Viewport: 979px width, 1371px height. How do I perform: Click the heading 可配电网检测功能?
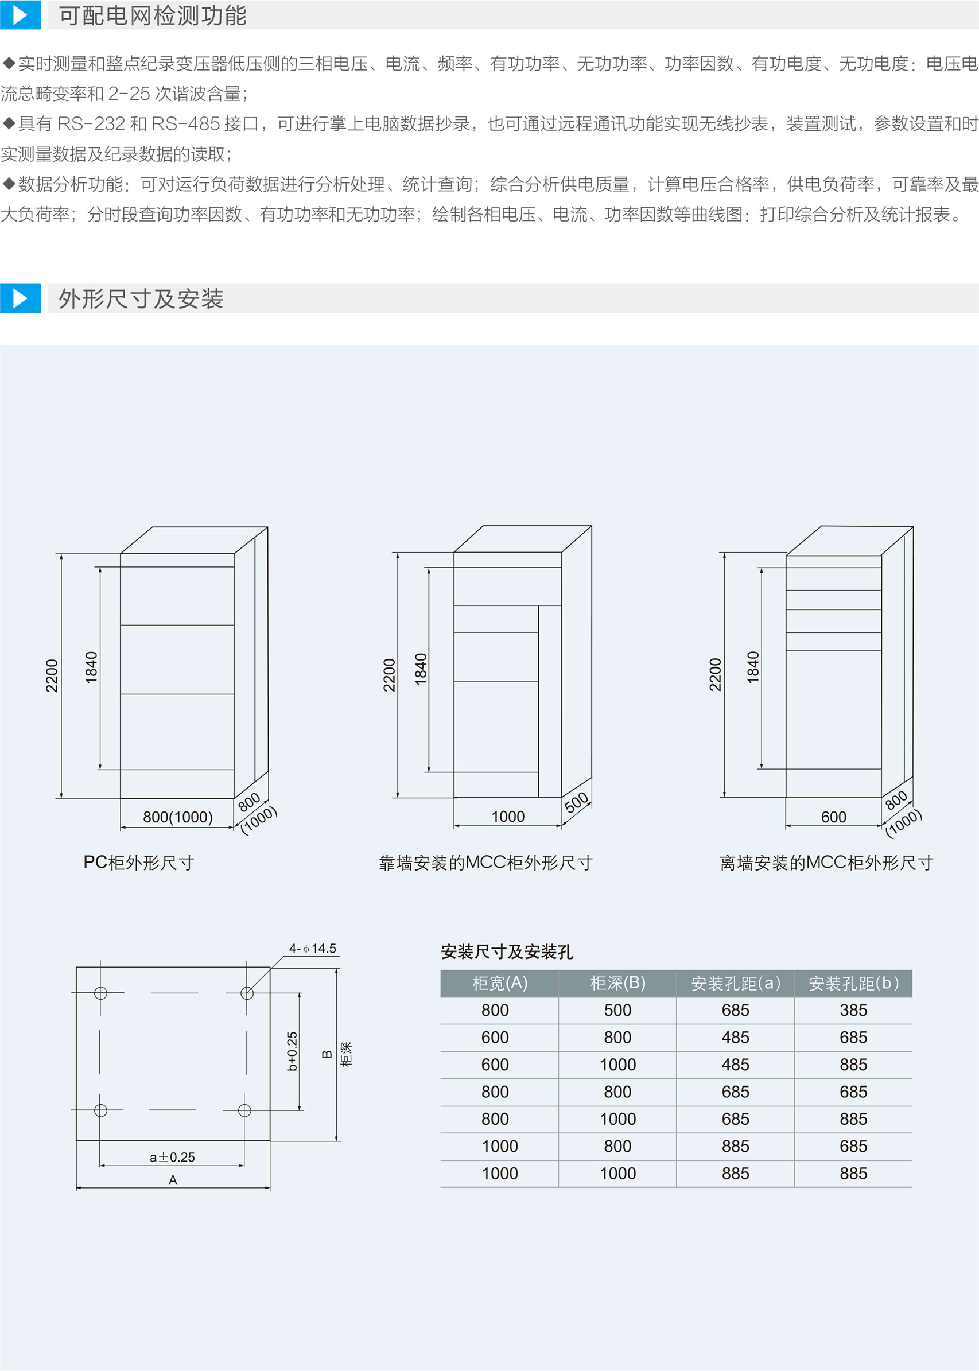pos(153,15)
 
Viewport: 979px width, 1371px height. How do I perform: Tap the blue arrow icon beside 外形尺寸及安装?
pos(20,298)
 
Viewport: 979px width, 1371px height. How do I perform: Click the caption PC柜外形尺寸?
pos(139,863)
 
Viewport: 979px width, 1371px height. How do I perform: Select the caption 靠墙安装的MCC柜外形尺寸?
pos(485,863)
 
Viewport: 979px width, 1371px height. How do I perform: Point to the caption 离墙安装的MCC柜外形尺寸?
pos(826,863)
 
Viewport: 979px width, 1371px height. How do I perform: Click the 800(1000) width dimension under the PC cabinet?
pos(178,817)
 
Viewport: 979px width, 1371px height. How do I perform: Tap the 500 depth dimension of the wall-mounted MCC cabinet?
pos(576,802)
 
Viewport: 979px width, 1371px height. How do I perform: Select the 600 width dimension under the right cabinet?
pos(833,817)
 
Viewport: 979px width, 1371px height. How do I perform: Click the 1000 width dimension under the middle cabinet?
pos(508,816)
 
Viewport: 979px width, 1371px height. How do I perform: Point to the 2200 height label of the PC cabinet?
pos(52,675)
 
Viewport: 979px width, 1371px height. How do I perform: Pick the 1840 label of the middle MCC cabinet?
pos(421,669)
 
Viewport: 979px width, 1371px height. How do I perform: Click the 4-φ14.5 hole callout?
pos(312,949)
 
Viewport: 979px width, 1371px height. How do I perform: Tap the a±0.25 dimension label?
pos(172,1157)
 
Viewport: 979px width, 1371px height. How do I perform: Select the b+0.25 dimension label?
pos(292,1051)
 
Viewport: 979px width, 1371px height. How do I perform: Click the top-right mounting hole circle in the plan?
pos(247,992)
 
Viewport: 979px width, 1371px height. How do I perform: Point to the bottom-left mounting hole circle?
pos(100,1110)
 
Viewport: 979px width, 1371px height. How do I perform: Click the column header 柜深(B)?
pos(617,983)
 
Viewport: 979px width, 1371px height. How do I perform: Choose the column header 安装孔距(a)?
pos(735,983)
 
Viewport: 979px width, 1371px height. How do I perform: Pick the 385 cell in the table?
pos(853,1010)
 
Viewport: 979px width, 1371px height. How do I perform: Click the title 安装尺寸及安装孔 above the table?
pos(506,952)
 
